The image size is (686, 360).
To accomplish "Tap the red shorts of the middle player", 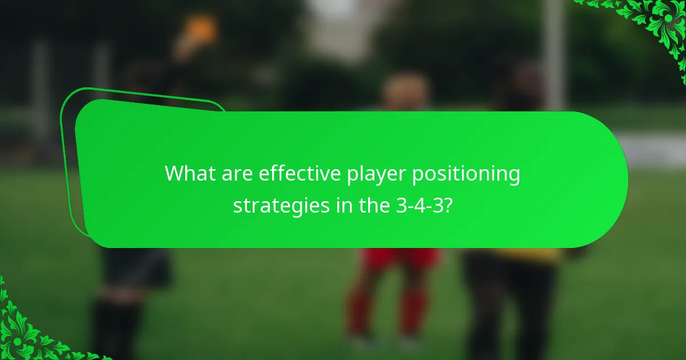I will pyautogui.click(x=400, y=258).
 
